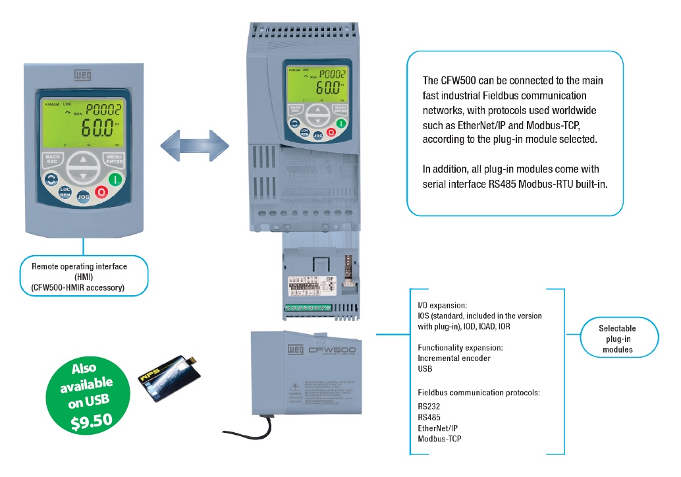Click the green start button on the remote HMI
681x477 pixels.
[115, 179]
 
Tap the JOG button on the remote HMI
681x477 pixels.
[84, 196]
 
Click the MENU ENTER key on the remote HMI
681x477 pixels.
[114, 159]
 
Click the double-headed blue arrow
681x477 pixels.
[194, 144]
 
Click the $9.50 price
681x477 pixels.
[92, 420]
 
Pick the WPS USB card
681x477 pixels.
[167, 376]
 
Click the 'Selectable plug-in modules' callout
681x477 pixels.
[617, 339]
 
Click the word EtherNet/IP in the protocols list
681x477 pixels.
[437, 428]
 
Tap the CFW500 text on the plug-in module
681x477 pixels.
[332, 351]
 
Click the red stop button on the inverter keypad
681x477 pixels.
[331, 132]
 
